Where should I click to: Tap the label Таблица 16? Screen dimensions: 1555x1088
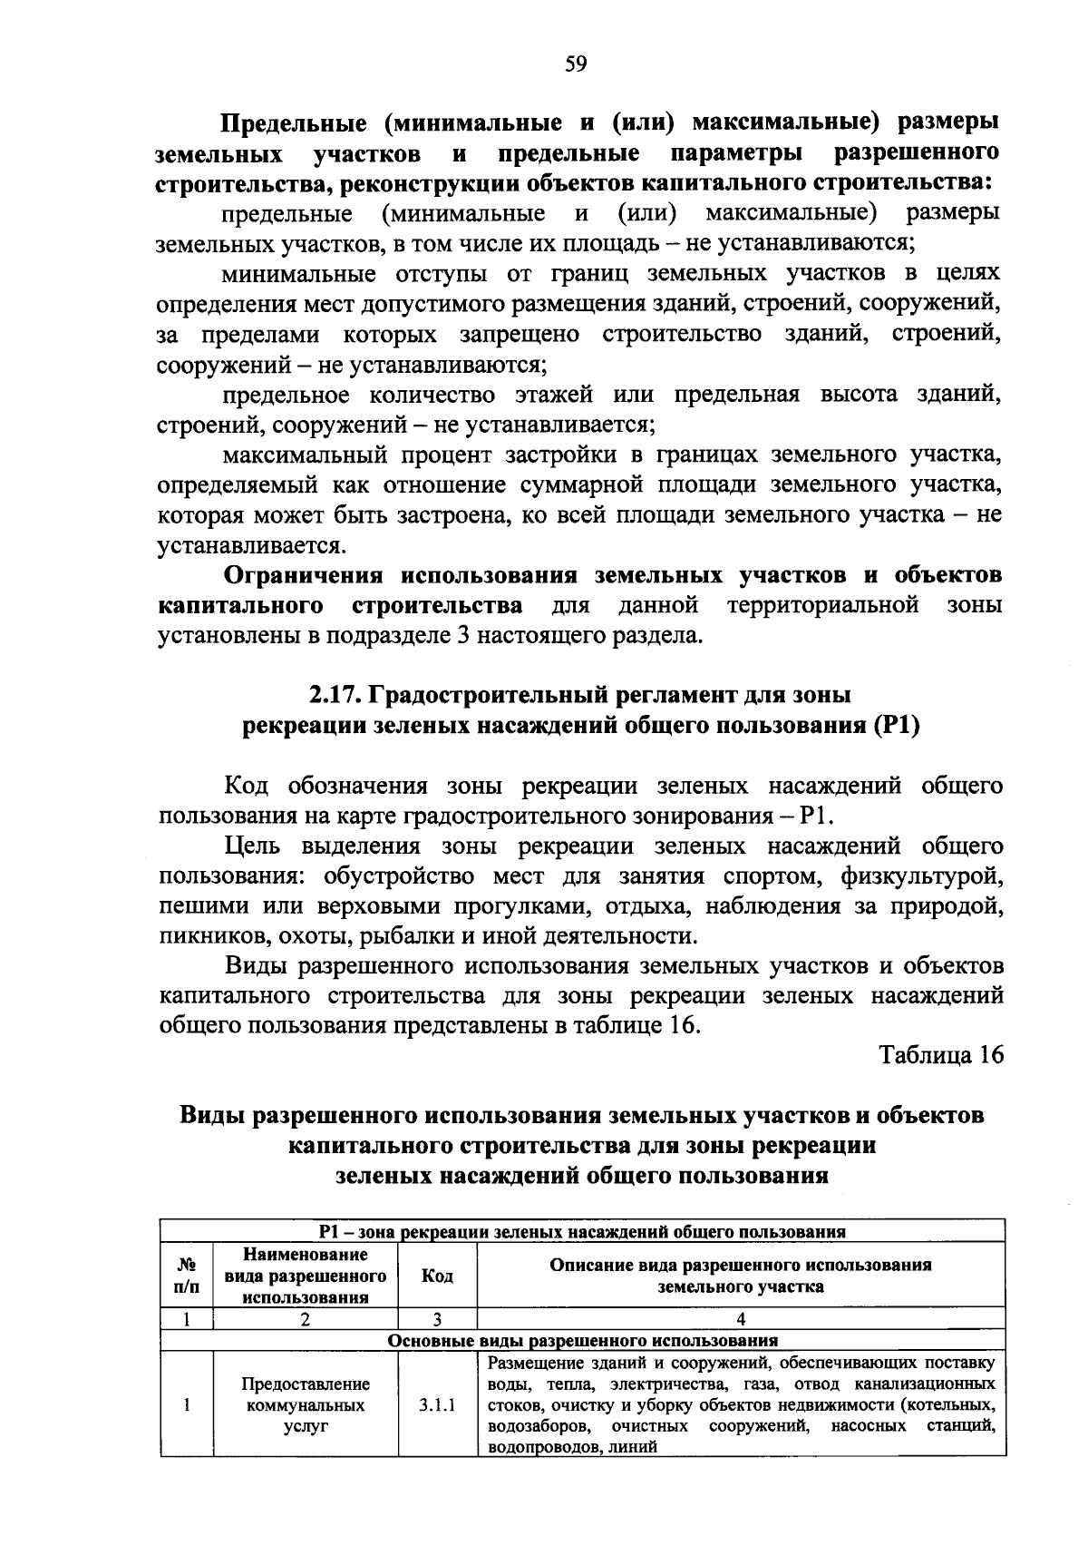point(941,1056)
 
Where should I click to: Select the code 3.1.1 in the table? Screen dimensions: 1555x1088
point(438,1406)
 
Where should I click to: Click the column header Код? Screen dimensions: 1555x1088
point(438,1276)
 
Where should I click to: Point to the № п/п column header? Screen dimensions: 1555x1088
point(186,1276)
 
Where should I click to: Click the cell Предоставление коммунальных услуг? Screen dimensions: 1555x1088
point(306,1406)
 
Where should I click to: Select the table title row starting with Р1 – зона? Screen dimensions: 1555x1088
point(582,1232)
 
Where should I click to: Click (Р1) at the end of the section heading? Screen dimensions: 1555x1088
point(897,726)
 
